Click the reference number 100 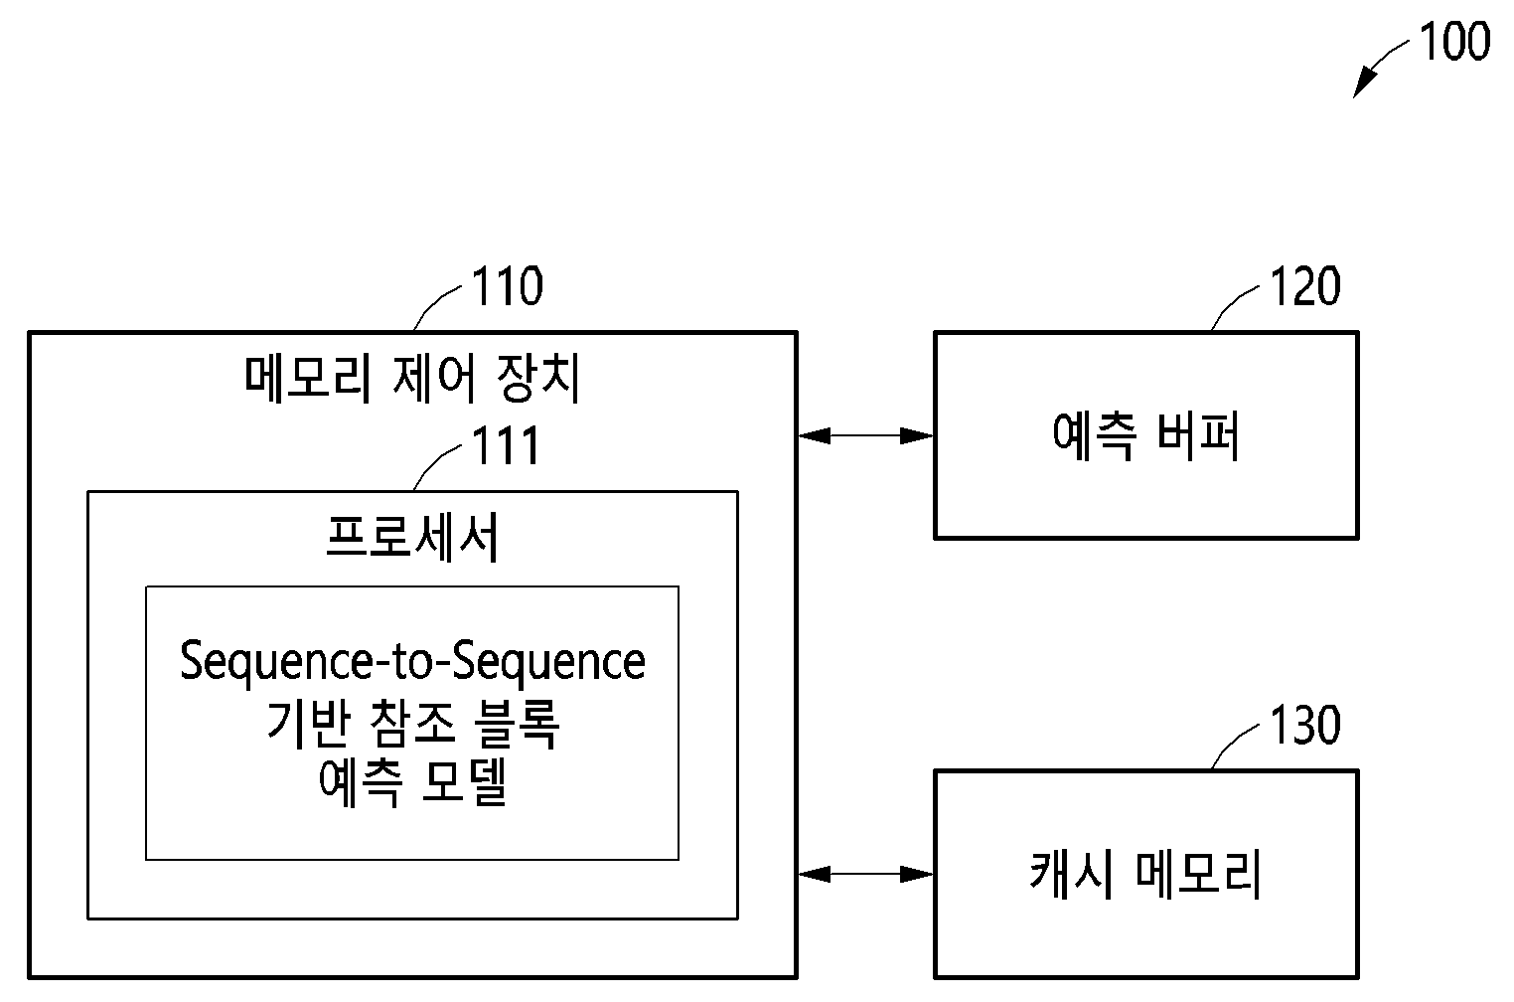pyautogui.click(x=1454, y=42)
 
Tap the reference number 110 pyautogui.click(x=507, y=286)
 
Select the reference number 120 pyautogui.click(x=1305, y=286)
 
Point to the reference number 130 pyautogui.click(x=1305, y=725)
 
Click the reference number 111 pyautogui.click(x=506, y=446)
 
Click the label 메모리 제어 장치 pyautogui.click(x=412, y=379)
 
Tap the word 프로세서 pyautogui.click(x=412, y=538)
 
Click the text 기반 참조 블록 pyautogui.click(x=413, y=724)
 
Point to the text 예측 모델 pyautogui.click(x=413, y=783)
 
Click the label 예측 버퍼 pyautogui.click(x=1146, y=435)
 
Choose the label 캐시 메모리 pyautogui.click(x=1145, y=874)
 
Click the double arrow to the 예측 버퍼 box pyautogui.click(x=866, y=436)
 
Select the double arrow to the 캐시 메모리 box pyautogui.click(x=866, y=875)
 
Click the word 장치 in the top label pyautogui.click(x=538, y=379)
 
